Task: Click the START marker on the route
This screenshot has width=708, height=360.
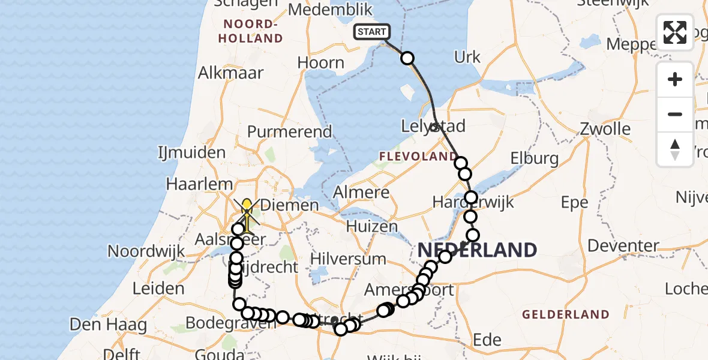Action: coord(372,32)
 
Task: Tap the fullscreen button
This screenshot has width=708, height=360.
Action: coord(675,32)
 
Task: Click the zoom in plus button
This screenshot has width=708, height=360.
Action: coord(675,79)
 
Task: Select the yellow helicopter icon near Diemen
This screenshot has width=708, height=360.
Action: coord(247,214)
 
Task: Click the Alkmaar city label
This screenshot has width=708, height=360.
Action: coord(231,73)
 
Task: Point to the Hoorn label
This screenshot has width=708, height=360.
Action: coord(320,62)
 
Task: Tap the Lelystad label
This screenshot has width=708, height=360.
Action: coord(432,127)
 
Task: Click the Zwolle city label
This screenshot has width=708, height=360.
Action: coord(605,128)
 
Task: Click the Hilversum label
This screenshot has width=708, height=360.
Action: coord(349,259)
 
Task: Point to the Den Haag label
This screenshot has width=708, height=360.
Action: coord(109,325)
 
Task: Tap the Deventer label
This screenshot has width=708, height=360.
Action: coord(624,245)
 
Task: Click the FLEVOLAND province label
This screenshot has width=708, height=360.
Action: coord(418,157)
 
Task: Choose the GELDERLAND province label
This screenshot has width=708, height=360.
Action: coord(565,314)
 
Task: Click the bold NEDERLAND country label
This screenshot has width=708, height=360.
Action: coord(477,250)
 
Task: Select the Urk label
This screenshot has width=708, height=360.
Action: coord(467,57)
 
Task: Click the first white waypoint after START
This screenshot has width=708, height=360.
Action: coord(407,58)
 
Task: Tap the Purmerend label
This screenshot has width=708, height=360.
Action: coord(289,131)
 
